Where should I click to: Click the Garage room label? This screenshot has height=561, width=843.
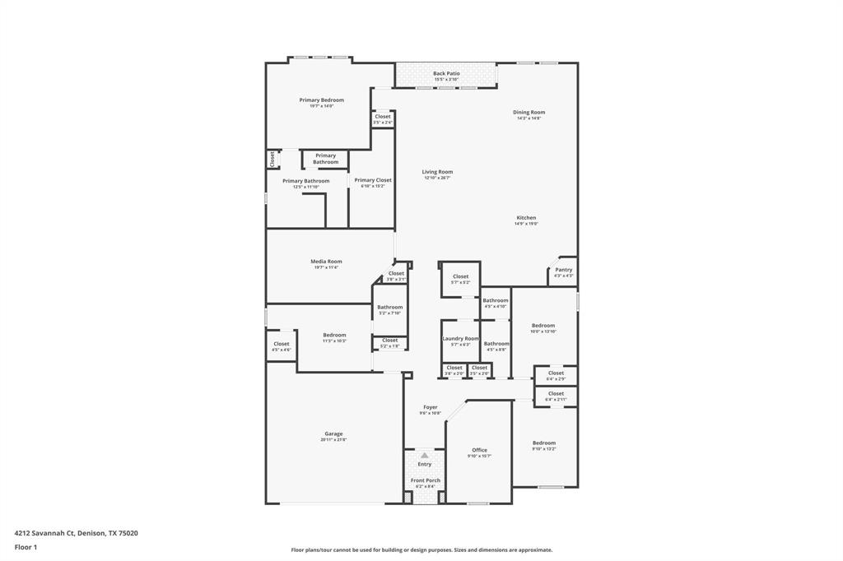click(333, 433)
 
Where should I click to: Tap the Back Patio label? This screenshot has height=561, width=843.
click(446, 73)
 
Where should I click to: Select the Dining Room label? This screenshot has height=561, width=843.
click(529, 112)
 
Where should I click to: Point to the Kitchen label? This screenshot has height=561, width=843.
click(526, 218)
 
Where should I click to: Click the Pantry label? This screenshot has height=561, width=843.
click(563, 270)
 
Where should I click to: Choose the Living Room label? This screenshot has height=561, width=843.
click(437, 172)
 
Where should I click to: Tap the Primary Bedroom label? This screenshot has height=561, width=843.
click(321, 100)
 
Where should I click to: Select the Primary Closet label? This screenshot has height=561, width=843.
click(372, 180)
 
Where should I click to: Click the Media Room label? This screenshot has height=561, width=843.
click(326, 262)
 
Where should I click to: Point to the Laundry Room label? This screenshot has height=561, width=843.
click(460, 338)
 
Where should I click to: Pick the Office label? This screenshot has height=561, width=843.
click(479, 450)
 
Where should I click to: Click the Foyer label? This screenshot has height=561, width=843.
click(431, 407)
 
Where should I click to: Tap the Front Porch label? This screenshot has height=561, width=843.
click(426, 480)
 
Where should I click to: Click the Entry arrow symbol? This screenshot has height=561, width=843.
click(425, 455)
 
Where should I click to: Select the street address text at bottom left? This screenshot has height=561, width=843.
click(77, 533)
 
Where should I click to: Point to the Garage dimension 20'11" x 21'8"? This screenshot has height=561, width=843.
click(333, 440)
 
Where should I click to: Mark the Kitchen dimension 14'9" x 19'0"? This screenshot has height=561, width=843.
click(526, 224)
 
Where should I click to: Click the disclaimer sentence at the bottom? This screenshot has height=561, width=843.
click(421, 550)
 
